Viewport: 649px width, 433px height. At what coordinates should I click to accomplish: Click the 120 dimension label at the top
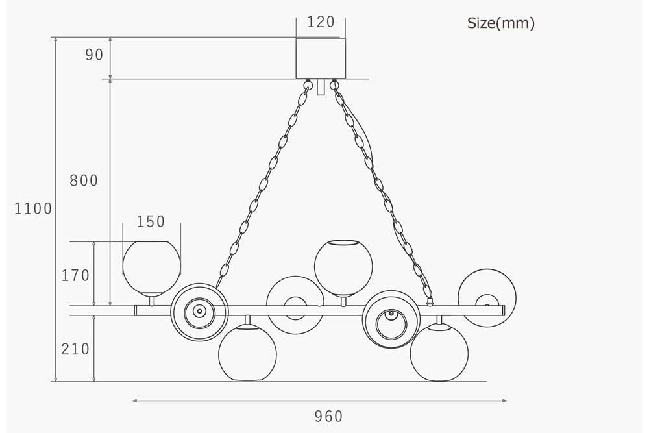321,22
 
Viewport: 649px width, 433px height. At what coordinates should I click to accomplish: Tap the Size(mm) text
501,23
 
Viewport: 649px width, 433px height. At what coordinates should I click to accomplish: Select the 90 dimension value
94,55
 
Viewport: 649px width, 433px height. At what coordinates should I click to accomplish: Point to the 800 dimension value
84,180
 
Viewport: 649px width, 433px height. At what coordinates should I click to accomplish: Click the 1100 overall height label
33,208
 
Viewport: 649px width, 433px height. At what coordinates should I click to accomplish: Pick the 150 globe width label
151,221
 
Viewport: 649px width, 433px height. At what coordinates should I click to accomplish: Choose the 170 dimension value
75,275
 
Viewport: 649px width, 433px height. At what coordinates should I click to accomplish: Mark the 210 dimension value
75,349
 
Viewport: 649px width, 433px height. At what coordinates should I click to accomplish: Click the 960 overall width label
328,416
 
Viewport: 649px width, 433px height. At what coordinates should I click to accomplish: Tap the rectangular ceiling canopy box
321,58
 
